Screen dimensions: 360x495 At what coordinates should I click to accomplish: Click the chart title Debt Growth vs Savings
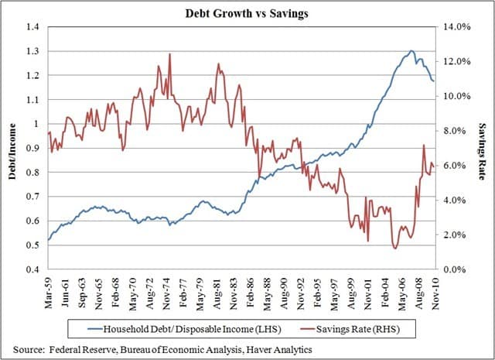tap(247, 13)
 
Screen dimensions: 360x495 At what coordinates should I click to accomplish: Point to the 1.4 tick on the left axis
tap(32, 27)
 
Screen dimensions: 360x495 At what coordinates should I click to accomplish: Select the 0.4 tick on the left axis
tap(32, 269)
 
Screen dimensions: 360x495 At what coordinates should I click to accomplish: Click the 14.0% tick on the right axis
tap(457, 27)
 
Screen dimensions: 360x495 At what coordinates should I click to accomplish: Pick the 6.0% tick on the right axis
tap(457, 166)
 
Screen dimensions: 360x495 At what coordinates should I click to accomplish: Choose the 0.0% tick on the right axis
tap(457, 269)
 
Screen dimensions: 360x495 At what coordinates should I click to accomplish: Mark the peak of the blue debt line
tap(411, 51)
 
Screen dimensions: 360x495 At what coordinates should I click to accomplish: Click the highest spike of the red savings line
tap(169, 54)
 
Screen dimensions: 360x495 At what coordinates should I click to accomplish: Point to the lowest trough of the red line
tap(395, 248)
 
